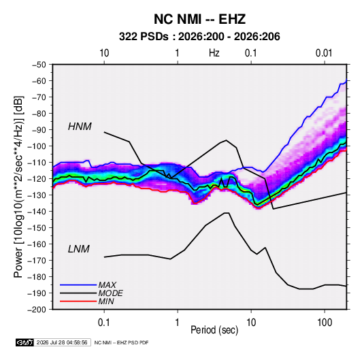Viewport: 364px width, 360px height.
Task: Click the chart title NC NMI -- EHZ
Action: pos(199,19)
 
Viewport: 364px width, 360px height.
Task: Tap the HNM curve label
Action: pos(80,127)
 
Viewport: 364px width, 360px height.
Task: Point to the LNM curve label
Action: pos(79,249)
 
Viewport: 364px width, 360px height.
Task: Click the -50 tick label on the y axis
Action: pos(39,65)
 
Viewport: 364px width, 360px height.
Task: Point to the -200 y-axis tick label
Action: pos(37,310)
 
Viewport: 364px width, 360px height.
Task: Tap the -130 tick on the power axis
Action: pos(37,195)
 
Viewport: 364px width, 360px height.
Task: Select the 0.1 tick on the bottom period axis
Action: pos(104,323)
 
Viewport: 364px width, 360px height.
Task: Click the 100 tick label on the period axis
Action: pos(325,323)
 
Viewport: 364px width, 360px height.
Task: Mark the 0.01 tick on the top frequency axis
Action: pos(324,53)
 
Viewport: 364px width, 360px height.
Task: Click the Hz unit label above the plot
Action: pos(214,53)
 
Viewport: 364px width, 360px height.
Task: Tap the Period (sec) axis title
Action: pos(214,330)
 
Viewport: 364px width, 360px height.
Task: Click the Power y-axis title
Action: pos(18,187)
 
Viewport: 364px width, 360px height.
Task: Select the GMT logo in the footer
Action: pos(25,342)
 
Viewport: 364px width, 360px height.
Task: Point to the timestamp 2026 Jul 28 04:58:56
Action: pos(62,342)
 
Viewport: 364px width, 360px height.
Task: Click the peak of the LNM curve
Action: pos(227,213)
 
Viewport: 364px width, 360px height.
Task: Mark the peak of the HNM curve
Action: pos(226,140)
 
